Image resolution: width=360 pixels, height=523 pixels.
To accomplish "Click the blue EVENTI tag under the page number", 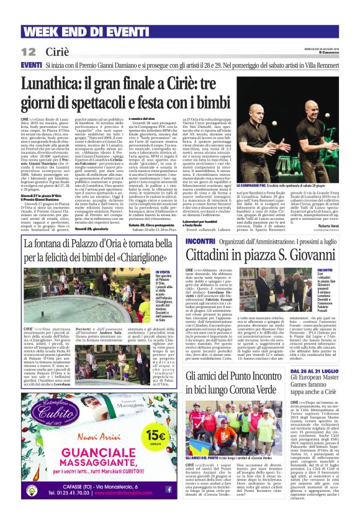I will [31, 65].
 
